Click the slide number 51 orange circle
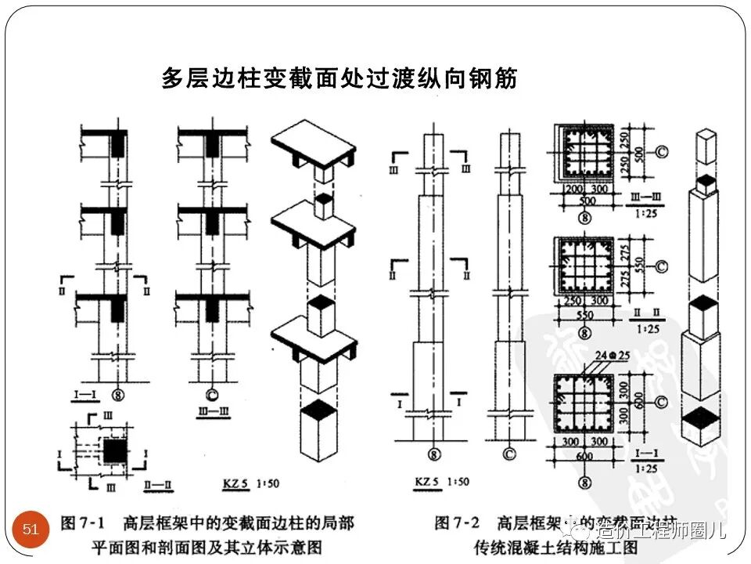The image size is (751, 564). coord(31,530)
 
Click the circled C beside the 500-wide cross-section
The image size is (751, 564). coord(661,152)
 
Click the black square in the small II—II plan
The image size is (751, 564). coord(116,450)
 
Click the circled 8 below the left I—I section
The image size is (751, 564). coord(118,395)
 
